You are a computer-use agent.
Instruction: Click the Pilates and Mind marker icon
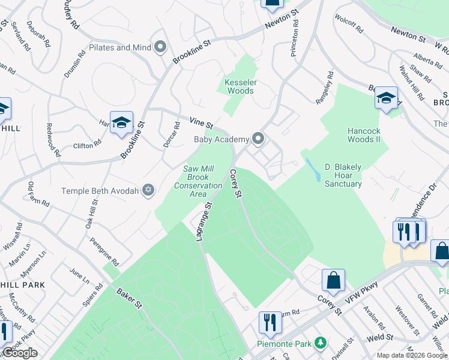160,47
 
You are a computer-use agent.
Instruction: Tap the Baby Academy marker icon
259,139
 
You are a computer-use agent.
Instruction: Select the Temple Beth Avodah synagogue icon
148,191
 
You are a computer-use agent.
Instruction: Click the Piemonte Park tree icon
322,343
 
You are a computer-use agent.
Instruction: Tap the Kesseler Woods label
239,86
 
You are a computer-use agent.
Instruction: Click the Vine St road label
202,122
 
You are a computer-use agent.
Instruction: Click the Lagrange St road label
202,221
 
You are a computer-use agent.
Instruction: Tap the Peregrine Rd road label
104,251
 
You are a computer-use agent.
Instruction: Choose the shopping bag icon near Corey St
333,280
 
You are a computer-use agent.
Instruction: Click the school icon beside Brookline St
121,122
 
